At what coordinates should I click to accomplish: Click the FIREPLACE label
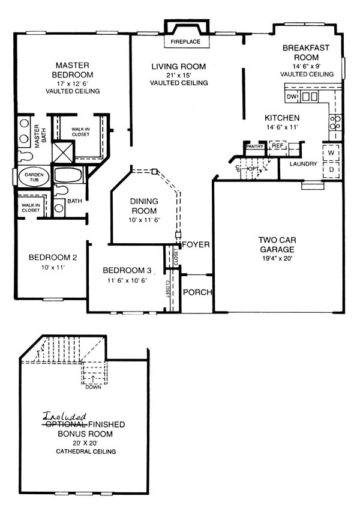click(x=185, y=42)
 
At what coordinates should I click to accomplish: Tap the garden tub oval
click(x=34, y=177)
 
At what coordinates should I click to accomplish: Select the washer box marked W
click(x=331, y=153)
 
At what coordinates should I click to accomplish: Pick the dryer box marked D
click(x=331, y=170)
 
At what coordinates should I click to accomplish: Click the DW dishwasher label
click(x=292, y=97)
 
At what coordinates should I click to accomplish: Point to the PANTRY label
click(x=254, y=147)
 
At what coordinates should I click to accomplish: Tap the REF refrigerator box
click(x=277, y=145)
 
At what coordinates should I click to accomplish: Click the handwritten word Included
click(x=64, y=416)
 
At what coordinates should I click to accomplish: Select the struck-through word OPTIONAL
click(x=65, y=424)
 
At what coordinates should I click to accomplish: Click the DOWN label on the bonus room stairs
click(x=93, y=387)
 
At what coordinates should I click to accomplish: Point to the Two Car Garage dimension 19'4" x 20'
click(x=277, y=258)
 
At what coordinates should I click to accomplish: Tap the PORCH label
click(x=197, y=292)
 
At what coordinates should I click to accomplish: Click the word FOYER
click(x=196, y=245)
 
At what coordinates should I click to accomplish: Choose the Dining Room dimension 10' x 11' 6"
click(x=144, y=220)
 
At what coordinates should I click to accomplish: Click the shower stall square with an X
click(x=62, y=153)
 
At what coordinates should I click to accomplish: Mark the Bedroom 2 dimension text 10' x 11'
click(x=53, y=267)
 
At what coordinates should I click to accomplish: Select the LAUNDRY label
click(x=304, y=164)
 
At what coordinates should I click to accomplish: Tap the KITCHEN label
click(x=282, y=118)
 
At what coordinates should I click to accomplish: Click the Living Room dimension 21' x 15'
click(x=179, y=75)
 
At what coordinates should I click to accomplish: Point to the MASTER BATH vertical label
click(x=40, y=136)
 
